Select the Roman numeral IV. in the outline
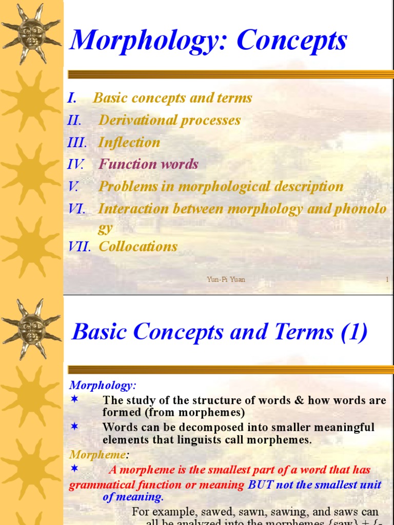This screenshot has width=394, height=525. pyautogui.click(x=76, y=165)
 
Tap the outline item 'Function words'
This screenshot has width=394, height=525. pyautogui.click(x=148, y=165)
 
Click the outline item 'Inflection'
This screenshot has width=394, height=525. pyautogui.click(x=129, y=143)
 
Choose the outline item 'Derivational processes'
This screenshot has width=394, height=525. pyautogui.click(x=169, y=120)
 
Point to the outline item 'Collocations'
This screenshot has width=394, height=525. pyautogui.click(x=138, y=247)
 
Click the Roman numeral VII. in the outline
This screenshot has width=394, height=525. pyautogui.click(x=79, y=247)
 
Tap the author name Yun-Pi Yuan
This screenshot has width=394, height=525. pyautogui.click(x=226, y=279)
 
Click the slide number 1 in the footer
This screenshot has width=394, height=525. pyautogui.click(x=387, y=279)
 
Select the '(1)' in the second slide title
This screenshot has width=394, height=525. pyautogui.click(x=354, y=332)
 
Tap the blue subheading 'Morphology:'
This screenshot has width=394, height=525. pyautogui.click(x=103, y=385)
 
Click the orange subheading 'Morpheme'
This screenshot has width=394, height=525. pyautogui.click(x=97, y=455)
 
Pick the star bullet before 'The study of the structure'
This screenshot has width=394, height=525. pyautogui.click(x=74, y=399)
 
